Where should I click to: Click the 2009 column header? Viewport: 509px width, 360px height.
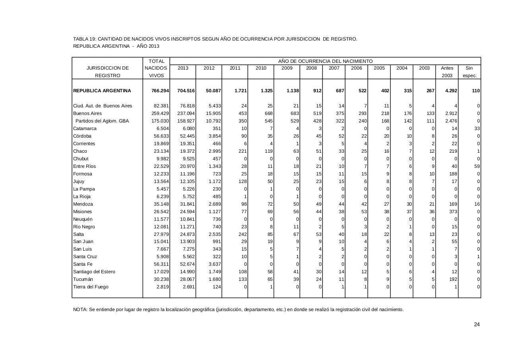287,68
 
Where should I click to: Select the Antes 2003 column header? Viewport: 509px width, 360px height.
447,72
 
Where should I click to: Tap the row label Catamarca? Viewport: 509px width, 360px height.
85,128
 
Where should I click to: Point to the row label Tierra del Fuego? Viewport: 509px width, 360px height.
91,287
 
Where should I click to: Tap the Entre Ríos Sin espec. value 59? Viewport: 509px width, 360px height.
477,166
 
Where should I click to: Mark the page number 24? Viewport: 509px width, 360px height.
477,325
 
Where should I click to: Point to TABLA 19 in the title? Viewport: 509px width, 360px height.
84,39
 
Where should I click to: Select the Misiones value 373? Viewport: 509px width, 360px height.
452,212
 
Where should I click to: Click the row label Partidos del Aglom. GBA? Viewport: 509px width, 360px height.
102,121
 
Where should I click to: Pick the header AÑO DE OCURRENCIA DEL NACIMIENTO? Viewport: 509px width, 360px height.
325,61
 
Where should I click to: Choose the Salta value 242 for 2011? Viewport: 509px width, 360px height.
242,234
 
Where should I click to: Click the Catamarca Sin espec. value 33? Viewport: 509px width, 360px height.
477,128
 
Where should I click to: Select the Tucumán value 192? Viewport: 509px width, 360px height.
452,279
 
